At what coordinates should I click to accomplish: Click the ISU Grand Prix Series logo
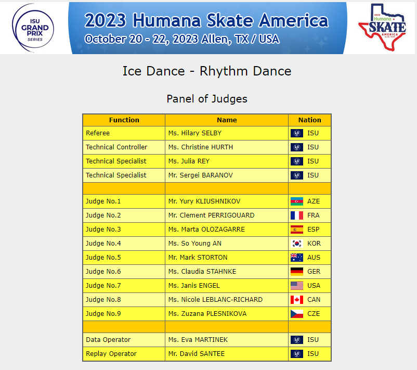point(33,28)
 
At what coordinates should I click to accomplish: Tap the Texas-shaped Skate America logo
point(383,28)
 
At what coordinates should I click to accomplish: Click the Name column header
point(227,120)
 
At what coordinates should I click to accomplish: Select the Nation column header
point(309,120)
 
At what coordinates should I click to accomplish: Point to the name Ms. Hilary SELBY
point(195,133)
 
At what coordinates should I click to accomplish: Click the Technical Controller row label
point(116,147)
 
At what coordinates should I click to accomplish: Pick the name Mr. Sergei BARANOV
point(201,175)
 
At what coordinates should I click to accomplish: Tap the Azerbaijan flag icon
point(297,201)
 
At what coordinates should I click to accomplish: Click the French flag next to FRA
point(297,215)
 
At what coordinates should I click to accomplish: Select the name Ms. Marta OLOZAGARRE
point(206,229)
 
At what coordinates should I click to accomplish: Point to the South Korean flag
point(297,244)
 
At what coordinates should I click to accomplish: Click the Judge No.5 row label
point(103,258)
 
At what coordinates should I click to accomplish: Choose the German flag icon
point(297,272)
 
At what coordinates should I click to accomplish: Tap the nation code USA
point(314,286)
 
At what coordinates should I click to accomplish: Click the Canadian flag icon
point(297,300)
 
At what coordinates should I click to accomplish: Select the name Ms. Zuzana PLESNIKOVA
point(207,314)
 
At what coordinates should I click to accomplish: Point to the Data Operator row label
point(108,340)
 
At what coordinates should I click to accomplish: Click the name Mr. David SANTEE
point(197,354)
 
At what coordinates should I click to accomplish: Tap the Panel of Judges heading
point(207,99)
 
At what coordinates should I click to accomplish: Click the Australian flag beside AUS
point(297,258)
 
